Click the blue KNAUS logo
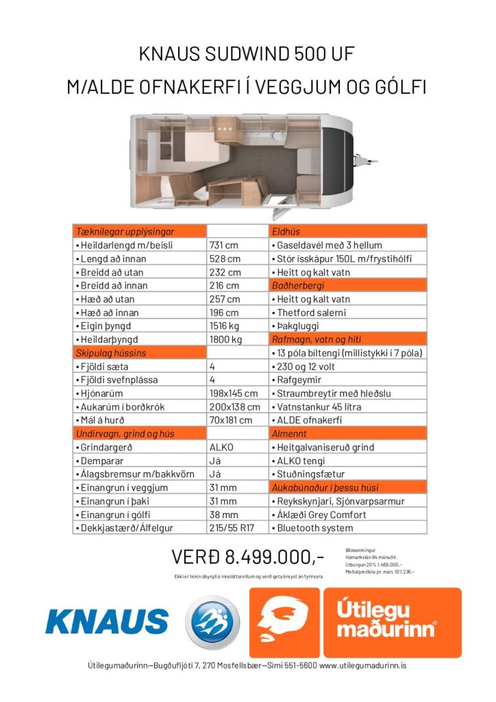pos(107,621)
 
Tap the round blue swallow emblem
pos(212,622)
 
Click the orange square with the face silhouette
pos(284,622)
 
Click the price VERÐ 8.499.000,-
pos(247,555)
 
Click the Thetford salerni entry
pos(312,312)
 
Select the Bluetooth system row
pos(316,528)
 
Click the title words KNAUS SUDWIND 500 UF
pos(247,53)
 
